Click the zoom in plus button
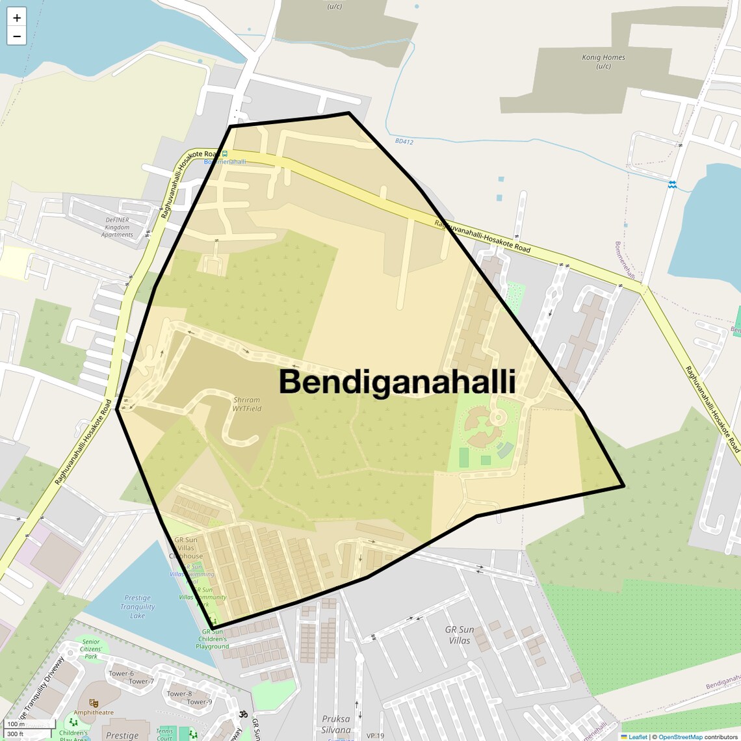[x=17, y=18]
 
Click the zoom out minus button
[x=17, y=36]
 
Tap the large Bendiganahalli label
[x=397, y=382]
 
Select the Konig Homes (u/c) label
[x=603, y=62]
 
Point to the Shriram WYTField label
[x=247, y=404]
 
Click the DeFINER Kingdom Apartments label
[x=117, y=227]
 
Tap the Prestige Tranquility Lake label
[x=137, y=606]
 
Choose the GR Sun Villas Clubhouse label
[x=186, y=548]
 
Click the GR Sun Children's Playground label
[x=213, y=639]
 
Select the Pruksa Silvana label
[x=336, y=724]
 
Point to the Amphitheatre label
[x=94, y=712]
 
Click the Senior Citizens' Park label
[x=91, y=649]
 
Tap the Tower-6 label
[x=121, y=673]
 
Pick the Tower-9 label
[x=200, y=702]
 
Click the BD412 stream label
[x=404, y=141]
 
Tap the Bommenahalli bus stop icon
[x=225, y=154]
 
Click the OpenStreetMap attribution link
[x=680, y=737]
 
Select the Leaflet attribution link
[x=638, y=737]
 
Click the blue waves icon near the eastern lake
[x=673, y=185]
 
